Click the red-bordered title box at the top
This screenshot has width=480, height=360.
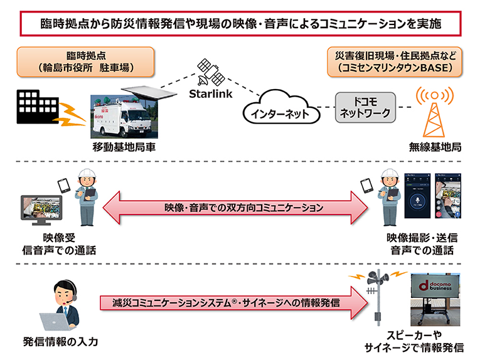(240, 24)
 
